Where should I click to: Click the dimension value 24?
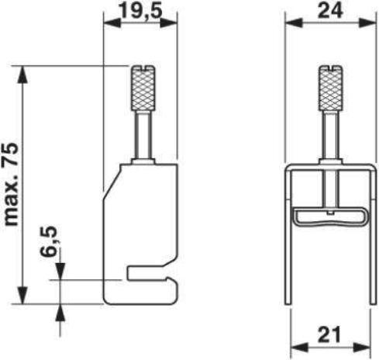point(329,12)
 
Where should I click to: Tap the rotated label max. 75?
point(12,184)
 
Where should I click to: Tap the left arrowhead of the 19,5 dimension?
point(109,25)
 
